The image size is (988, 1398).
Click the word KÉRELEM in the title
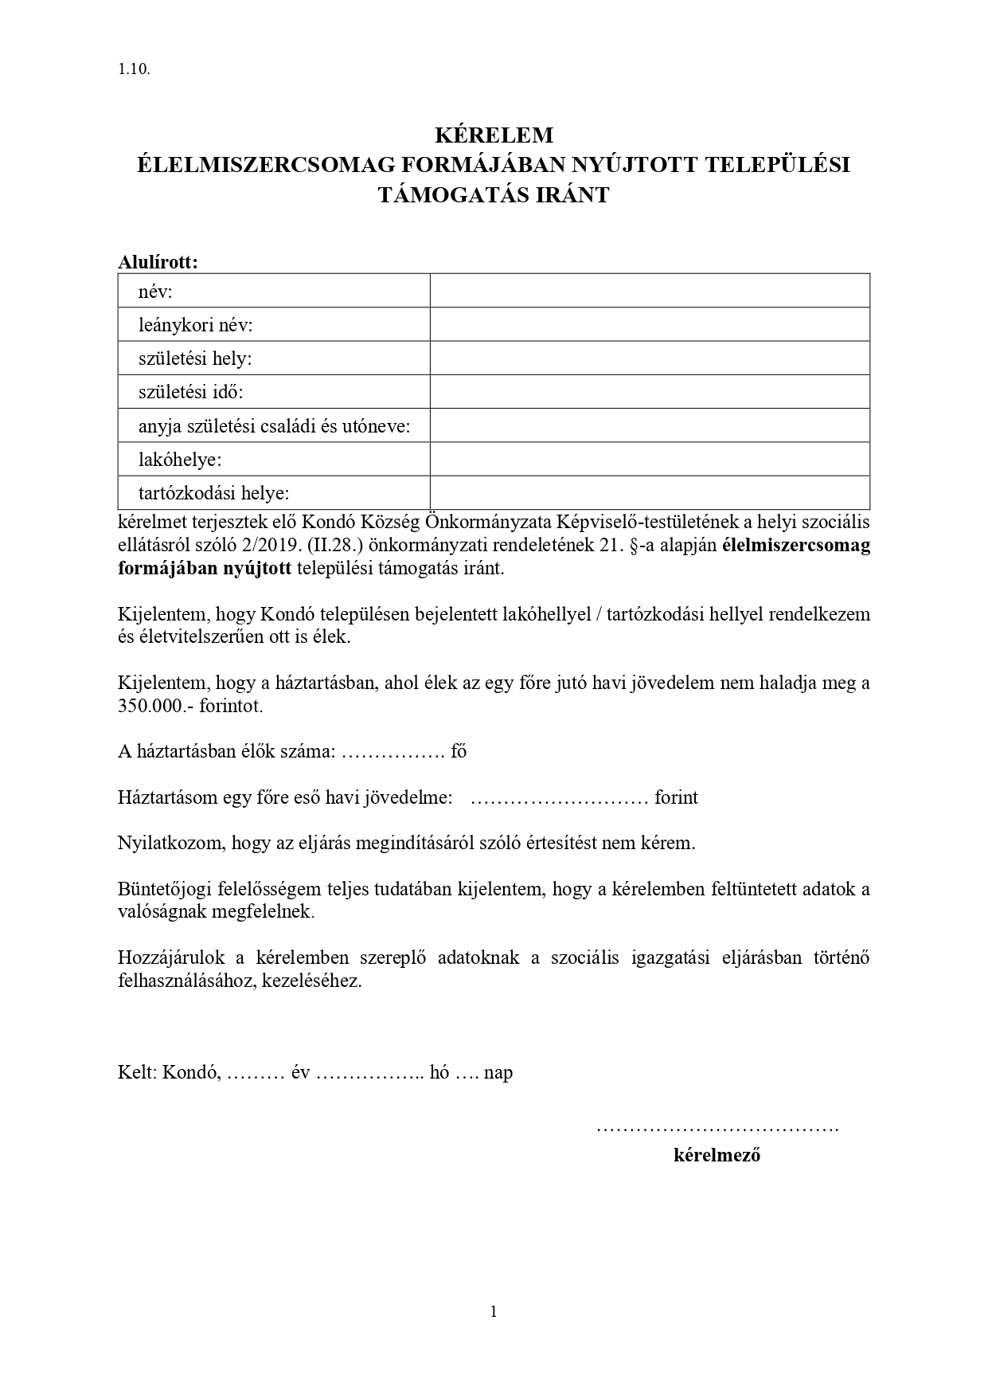(x=494, y=134)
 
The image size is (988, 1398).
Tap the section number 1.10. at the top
(x=134, y=69)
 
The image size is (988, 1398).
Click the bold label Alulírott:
(x=158, y=261)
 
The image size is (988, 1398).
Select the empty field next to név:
(x=649, y=291)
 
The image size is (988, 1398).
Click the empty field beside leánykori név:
(x=649, y=324)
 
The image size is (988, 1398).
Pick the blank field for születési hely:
(x=649, y=358)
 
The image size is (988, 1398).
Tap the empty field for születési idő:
(x=649, y=392)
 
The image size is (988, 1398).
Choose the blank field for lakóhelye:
(x=649, y=459)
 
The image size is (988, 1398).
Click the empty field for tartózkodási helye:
(x=649, y=493)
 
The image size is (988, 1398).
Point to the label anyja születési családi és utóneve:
(x=274, y=426)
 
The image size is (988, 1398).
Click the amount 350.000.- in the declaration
(x=154, y=706)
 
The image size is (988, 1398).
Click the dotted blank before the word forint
(x=560, y=798)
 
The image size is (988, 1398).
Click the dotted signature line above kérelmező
(x=717, y=1129)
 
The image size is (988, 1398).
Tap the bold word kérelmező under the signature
(x=717, y=1155)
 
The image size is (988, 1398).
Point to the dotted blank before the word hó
(x=369, y=1073)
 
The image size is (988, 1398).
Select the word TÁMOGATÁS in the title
(x=440, y=195)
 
